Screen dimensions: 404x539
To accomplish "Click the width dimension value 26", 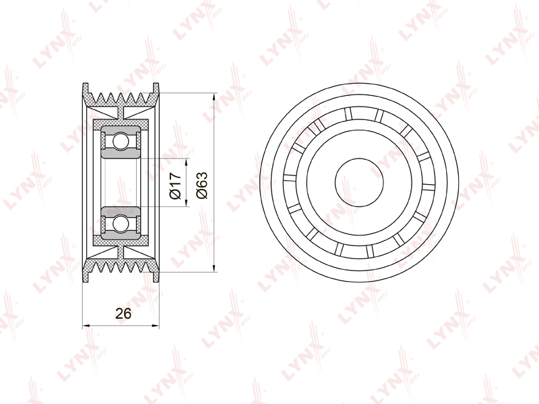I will (123, 313).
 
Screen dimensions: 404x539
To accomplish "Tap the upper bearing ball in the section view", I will (120, 142).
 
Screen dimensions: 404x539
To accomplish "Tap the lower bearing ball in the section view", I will (120, 221).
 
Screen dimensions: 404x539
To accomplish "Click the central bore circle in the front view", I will (359, 182).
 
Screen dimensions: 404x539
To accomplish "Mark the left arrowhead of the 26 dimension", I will (86, 326).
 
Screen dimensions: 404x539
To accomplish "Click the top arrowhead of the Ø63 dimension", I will (214, 95).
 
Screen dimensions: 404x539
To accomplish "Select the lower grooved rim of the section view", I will (121, 267).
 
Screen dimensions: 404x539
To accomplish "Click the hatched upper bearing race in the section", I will (120, 127).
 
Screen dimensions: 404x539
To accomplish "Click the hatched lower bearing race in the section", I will (120, 235).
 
